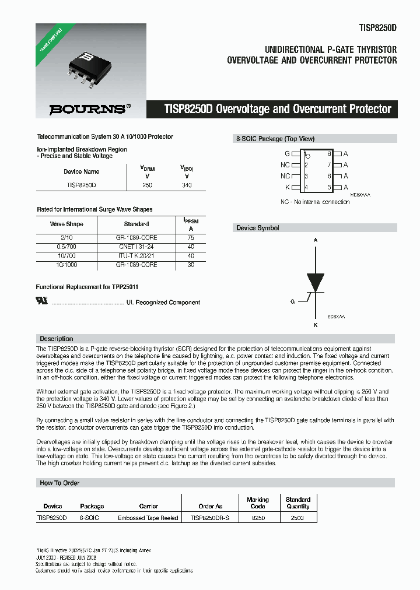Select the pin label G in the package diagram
(x=287, y=153)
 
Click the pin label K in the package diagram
(x=287, y=187)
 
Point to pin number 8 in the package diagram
(x=330, y=153)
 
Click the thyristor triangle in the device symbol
(x=316, y=282)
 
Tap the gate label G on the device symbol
(x=292, y=301)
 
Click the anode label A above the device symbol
(x=316, y=240)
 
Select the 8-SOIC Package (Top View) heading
(x=275, y=139)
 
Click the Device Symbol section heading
(x=257, y=228)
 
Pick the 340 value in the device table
(x=187, y=185)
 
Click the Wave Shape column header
(x=66, y=224)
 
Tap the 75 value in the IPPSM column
(x=191, y=237)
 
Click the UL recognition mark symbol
(x=42, y=302)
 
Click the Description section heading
(x=56, y=339)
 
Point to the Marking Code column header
(x=257, y=503)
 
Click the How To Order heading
(x=60, y=483)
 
